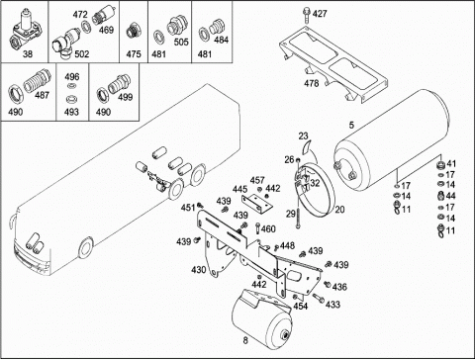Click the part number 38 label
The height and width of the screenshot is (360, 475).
(28, 53)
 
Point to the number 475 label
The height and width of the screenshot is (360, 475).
(134, 53)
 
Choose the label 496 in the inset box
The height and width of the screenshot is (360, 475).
(72, 77)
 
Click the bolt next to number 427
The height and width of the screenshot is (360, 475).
(307, 15)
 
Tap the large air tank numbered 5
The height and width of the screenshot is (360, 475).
(391, 141)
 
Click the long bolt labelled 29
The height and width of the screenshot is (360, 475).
(298, 214)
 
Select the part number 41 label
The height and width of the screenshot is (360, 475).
(451, 164)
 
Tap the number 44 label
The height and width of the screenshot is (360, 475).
(450, 196)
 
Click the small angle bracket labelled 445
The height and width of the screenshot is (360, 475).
(257, 204)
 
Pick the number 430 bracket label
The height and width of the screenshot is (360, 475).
(199, 270)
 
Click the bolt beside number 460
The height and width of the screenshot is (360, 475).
(257, 228)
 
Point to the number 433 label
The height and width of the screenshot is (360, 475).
(332, 305)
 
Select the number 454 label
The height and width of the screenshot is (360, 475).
(301, 306)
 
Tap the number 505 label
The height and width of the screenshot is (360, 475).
(181, 42)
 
